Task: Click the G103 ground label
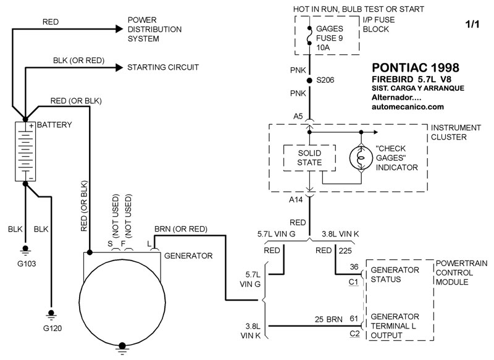[26, 263]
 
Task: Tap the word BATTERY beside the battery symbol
[55, 125]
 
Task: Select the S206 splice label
[329, 81]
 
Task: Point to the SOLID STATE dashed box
[309, 157]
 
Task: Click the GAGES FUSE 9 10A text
[330, 38]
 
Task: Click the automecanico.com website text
[409, 106]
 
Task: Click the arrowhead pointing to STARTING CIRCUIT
[119, 67]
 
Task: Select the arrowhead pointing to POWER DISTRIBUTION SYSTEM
[119, 29]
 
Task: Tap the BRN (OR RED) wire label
[180, 228]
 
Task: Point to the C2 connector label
[353, 333]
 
